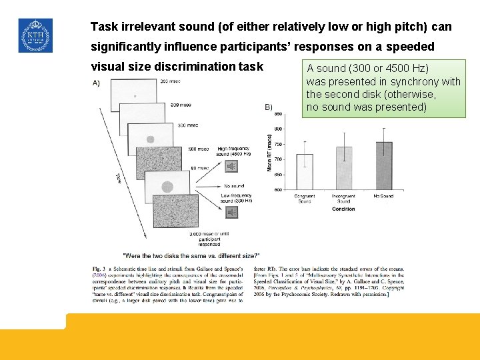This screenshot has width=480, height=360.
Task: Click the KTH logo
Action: [35, 35]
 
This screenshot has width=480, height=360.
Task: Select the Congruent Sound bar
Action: [305, 172]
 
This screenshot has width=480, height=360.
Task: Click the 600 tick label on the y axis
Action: [277, 190]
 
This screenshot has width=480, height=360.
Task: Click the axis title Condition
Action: [343, 209]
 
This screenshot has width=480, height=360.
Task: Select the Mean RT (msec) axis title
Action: [270, 152]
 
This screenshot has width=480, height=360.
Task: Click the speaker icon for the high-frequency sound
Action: [231, 166]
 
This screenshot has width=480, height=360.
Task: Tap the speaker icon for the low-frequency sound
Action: [231, 212]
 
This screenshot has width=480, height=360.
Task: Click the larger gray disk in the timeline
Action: [167, 187]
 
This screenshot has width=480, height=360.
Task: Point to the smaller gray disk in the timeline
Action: [150, 139]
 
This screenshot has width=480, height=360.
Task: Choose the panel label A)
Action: [97, 83]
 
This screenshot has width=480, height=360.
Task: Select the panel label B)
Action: [269, 107]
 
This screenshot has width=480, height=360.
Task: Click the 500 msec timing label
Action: [198, 149]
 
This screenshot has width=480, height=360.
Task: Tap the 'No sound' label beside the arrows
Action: [234, 186]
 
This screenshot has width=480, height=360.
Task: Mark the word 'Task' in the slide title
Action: [104, 27]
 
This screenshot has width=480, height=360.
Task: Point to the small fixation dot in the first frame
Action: [135, 97]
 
